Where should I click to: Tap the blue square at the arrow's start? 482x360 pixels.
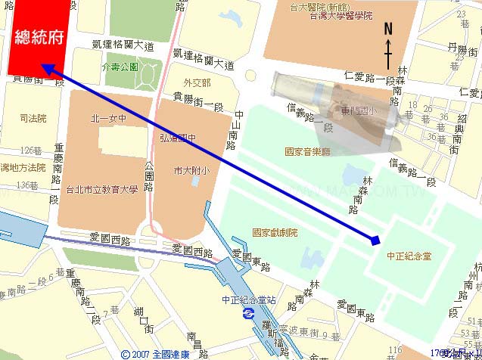(375, 241)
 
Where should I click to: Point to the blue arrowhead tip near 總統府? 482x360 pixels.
(43, 66)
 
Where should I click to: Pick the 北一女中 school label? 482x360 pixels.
(108, 118)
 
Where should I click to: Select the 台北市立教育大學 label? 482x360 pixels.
(104, 189)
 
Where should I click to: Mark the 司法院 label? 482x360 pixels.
(34, 118)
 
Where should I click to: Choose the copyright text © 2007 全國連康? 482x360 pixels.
(156, 353)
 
